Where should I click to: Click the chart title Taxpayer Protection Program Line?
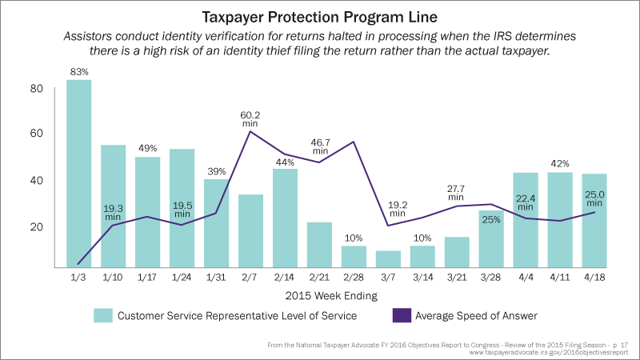click(x=319, y=16)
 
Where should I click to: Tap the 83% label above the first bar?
click(x=78, y=72)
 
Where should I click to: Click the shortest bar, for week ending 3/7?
click(x=388, y=258)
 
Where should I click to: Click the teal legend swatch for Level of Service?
click(x=102, y=315)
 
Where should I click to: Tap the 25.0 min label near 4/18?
click(x=595, y=197)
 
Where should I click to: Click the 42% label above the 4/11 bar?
click(x=560, y=163)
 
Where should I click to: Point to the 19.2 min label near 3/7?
click(x=398, y=209)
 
